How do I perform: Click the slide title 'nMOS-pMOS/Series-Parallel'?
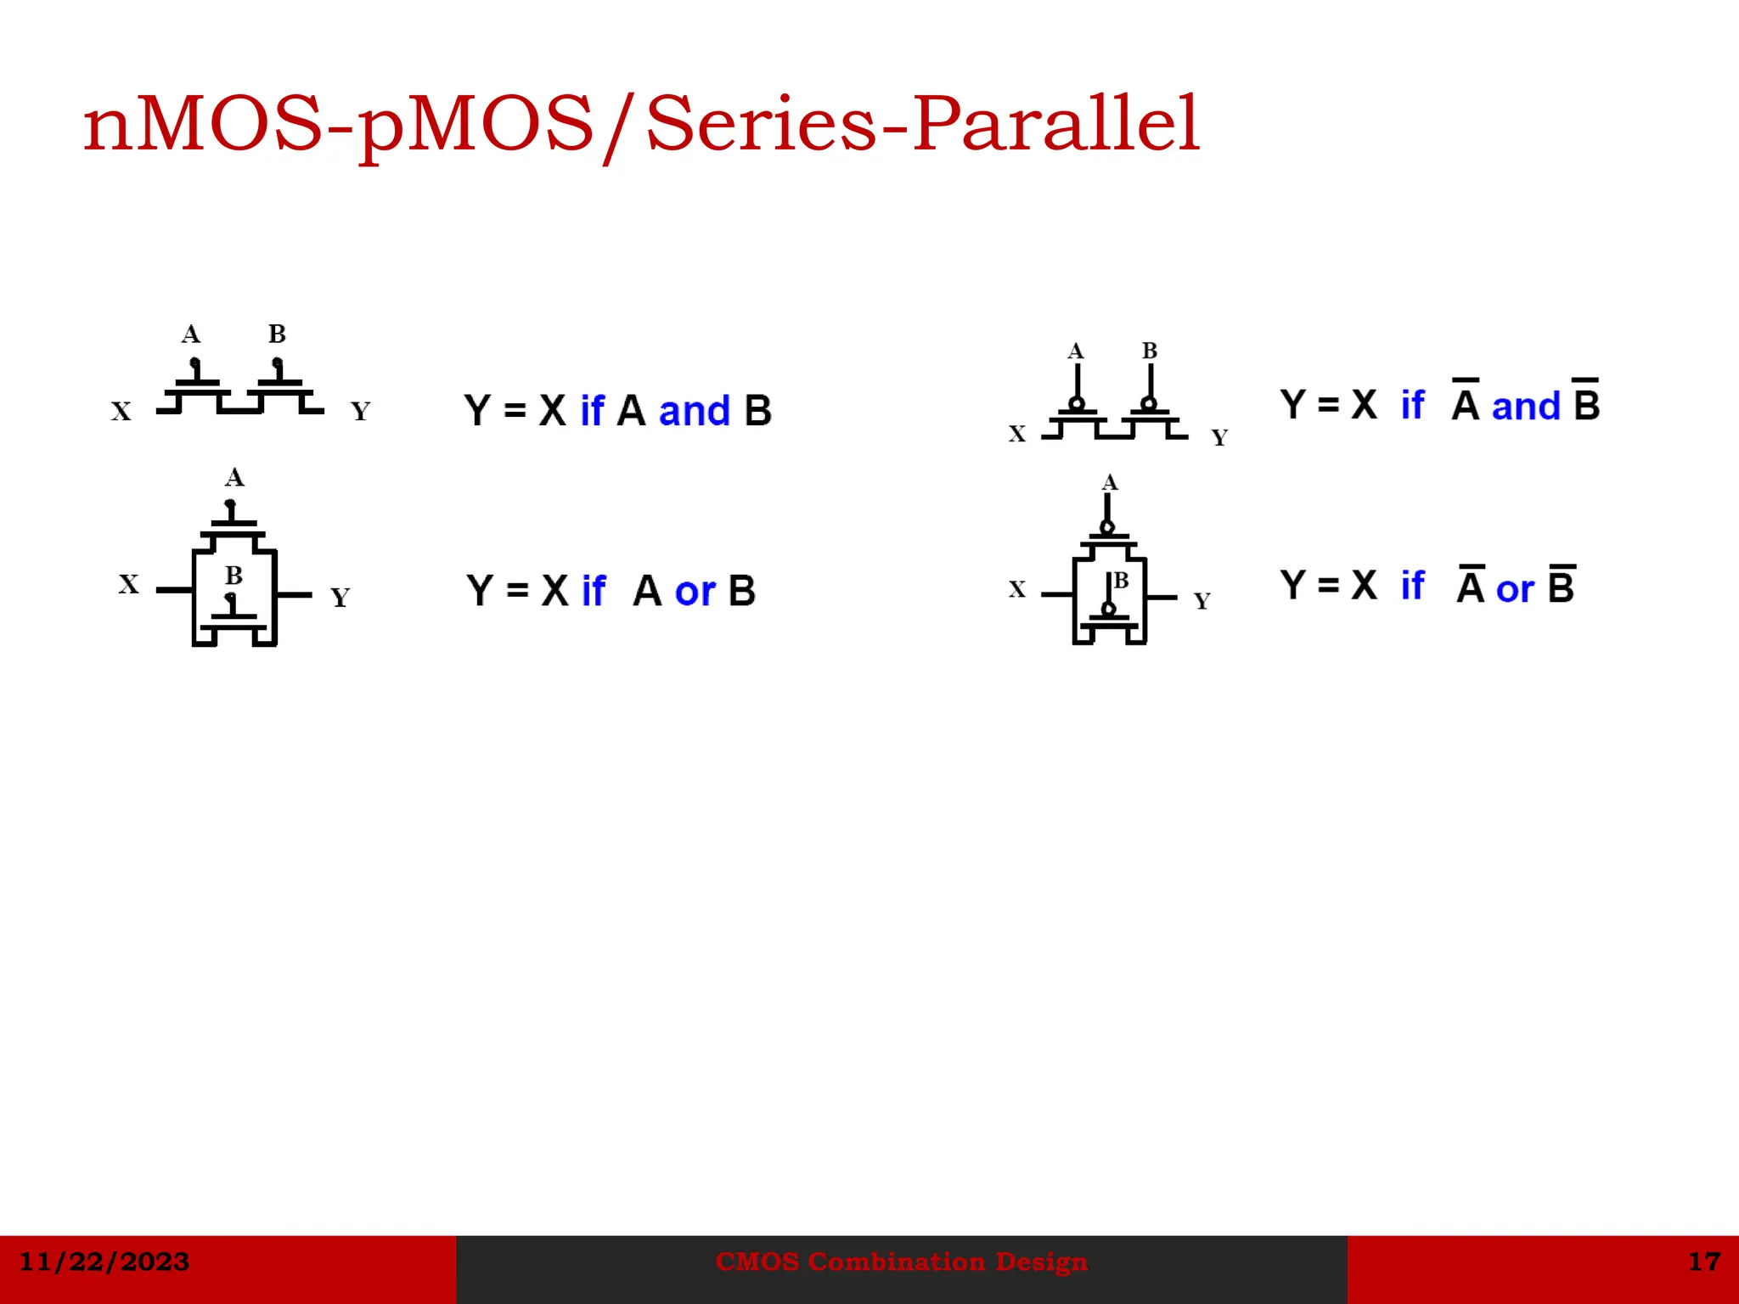coord(641,125)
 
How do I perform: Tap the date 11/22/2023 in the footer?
coord(104,1262)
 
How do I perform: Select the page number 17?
coord(1703,1262)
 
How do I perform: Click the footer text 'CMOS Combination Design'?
coord(901,1262)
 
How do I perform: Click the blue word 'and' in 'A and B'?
coord(694,412)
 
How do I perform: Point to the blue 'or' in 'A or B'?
coord(695,592)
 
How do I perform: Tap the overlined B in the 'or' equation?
coord(1561,585)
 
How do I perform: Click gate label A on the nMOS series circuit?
coord(191,334)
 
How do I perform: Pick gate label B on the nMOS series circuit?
coord(277,334)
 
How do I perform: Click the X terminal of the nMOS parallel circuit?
coord(128,584)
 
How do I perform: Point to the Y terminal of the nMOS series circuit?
coord(361,412)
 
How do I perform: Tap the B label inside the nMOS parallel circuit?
coord(234,576)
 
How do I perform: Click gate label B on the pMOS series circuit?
coord(1150,351)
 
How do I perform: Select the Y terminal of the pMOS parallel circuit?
coord(1202,601)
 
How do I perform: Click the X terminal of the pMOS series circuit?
coord(1017,434)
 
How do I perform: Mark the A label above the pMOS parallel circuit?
coord(1110,483)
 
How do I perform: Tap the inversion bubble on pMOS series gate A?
coord(1077,403)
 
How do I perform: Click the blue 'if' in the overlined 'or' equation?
coord(1413,585)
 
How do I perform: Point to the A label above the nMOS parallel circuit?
coord(234,477)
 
